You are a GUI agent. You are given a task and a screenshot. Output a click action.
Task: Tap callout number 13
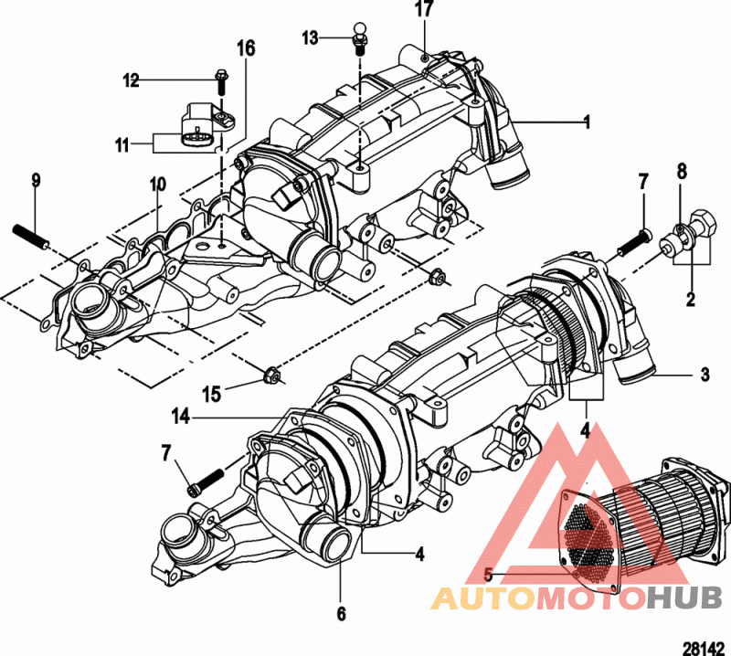tap(310, 37)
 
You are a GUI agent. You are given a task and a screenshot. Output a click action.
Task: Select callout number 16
tap(246, 48)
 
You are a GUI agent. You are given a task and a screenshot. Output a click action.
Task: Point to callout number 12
tap(131, 80)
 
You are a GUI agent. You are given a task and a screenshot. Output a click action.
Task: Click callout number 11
tap(122, 145)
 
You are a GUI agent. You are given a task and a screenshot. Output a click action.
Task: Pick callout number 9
tap(36, 179)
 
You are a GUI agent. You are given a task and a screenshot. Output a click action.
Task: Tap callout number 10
tap(157, 185)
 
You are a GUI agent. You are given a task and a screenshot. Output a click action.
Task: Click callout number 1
tap(588, 122)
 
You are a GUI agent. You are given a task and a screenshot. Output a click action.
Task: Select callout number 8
tap(682, 172)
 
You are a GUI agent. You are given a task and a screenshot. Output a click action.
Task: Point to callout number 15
tap(211, 394)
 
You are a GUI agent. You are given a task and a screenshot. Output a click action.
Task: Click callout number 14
tap(181, 417)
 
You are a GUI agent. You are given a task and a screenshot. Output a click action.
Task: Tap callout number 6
tap(341, 614)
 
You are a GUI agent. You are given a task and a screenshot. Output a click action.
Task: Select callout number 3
tap(705, 374)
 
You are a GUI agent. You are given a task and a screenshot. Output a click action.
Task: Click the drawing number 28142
tap(704, 648)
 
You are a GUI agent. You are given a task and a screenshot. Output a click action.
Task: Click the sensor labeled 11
tap(207, 128)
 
